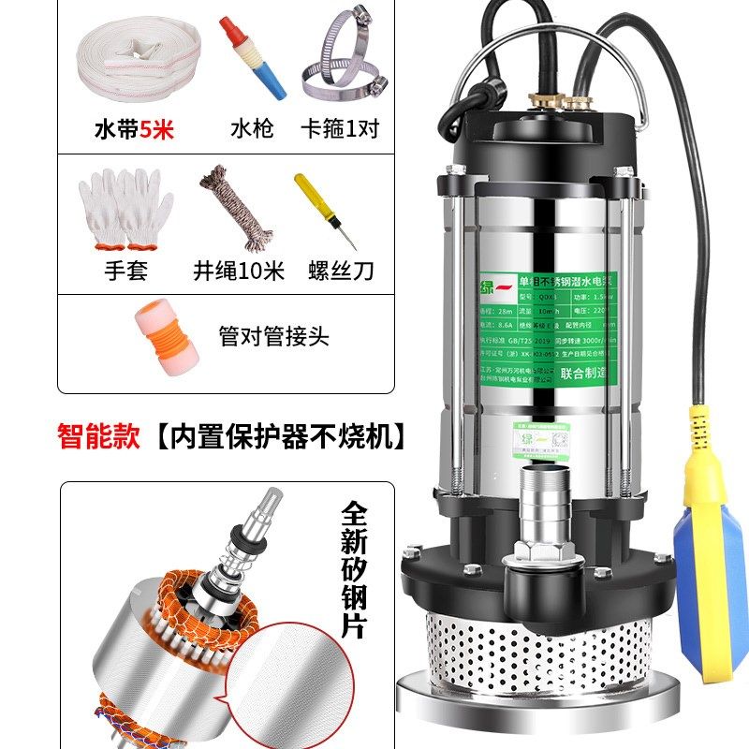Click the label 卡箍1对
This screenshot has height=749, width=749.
click(x=339, y=129)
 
